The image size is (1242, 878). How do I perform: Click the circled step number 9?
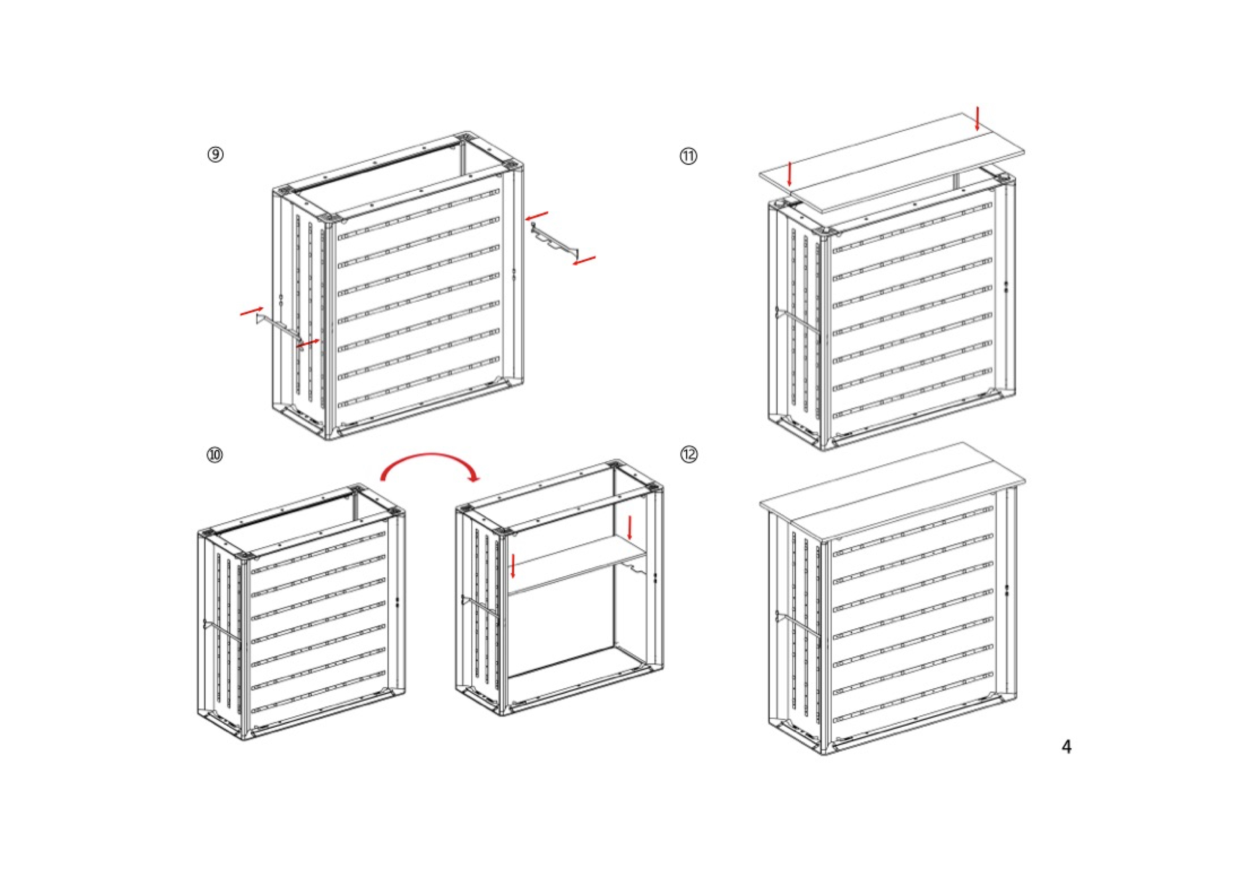215,155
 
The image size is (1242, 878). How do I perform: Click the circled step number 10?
215,454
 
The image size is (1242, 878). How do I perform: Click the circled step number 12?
689,454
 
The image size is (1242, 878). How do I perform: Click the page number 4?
1066,747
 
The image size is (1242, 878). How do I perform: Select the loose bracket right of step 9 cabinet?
555,240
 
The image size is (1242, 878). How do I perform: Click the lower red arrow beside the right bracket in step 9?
584,261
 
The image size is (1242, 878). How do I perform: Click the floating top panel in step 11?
892,162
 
